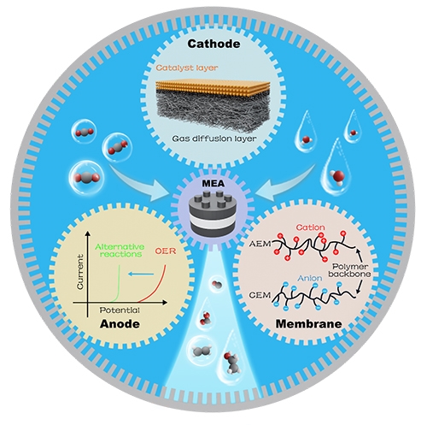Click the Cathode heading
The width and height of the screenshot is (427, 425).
(213, 44)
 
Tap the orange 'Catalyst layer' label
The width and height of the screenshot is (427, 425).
(187, 68)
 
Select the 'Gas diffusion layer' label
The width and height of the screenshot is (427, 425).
(214, 139)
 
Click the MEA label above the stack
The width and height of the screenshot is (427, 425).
(213, 183)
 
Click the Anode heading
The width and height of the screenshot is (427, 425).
(120, 324)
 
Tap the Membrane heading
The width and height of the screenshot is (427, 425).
(309, 324)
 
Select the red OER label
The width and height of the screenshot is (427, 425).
(166, 251)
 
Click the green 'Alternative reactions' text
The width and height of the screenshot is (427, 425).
(120, 251)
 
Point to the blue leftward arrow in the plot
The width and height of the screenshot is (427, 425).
(141, 274)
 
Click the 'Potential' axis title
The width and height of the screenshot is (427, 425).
(120, 310)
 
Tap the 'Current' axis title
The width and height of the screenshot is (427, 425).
(80, 272)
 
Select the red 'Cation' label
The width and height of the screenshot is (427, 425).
(310, 227)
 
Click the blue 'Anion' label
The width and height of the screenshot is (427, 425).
(310, 278)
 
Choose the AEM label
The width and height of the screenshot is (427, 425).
(260, 245)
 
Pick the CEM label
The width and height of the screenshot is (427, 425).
(260, 295)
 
